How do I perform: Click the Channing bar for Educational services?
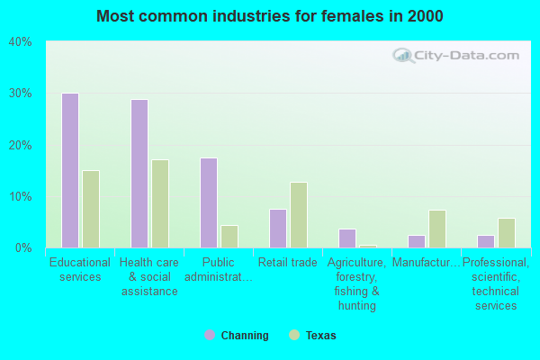[69, 170]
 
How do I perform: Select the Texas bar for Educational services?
[90, 209]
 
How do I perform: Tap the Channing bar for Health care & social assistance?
[139, 174]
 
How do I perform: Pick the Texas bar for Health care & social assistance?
[159, 203]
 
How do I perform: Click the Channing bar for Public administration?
[208, 202]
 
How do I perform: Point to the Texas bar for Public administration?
[229, 237]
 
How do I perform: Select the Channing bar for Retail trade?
[277, 229]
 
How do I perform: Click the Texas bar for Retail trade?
[298, 215]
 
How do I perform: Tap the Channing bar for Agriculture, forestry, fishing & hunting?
[346, 238]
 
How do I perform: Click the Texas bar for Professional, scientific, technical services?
[506, 233]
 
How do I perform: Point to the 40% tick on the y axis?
[20, 41]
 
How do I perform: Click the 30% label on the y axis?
[20, 94]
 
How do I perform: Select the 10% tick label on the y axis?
[20, 197]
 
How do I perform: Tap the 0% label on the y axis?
[22, 248]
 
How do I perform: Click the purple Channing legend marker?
[210, 336]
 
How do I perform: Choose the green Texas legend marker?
[293, 336]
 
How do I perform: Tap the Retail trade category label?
[287, 263]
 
